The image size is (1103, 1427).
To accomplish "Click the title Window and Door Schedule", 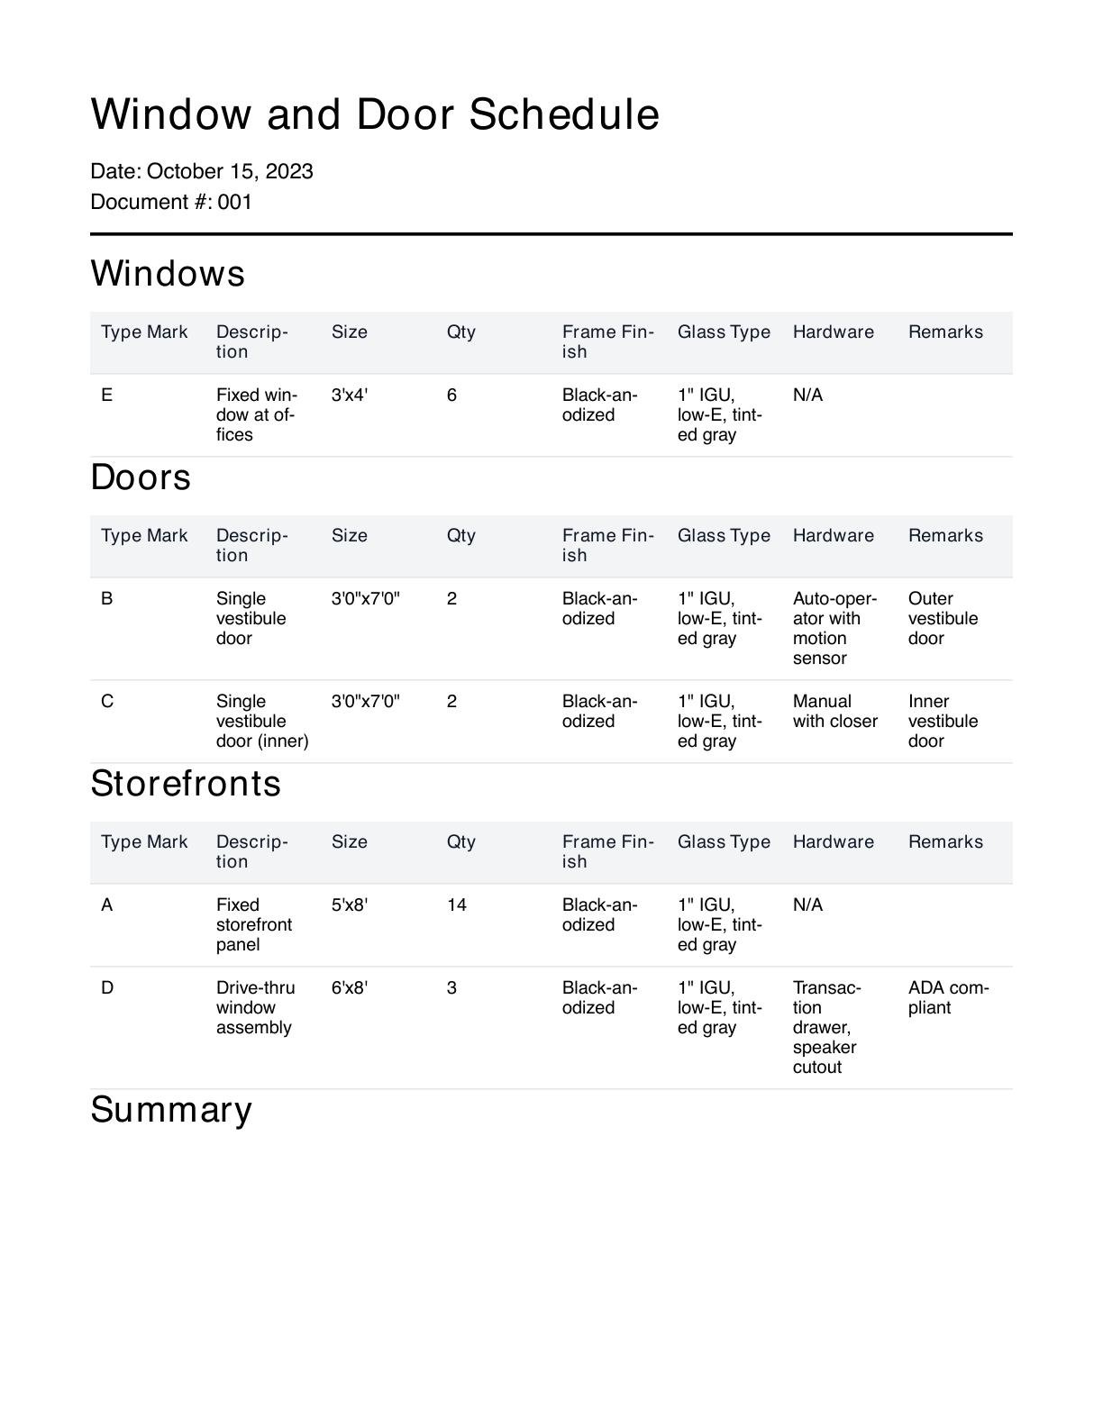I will point(375,115).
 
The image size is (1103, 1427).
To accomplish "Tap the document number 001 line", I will point(171,202).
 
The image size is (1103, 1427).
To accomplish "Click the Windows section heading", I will point(168,274).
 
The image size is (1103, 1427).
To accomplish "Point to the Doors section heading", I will point(141,477).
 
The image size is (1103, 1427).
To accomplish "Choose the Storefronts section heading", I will point(186,784).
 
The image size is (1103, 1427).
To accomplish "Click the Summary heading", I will point(171,1110).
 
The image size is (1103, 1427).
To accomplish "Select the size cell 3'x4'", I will point(350,395).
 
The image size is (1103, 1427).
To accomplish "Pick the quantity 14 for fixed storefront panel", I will point(457,905).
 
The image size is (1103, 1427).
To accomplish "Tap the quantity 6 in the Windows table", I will point(451,395).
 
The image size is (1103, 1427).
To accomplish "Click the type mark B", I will point(107,599).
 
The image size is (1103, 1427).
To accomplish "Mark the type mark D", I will point(107,988).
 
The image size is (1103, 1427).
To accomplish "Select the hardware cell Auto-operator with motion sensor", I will point(834,628).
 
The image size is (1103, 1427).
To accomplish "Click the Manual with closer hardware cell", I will point(834,712).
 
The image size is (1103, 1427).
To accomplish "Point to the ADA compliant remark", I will point(948,998).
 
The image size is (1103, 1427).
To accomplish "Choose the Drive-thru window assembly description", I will point(255,1008).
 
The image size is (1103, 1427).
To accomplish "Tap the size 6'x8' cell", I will point(350,988).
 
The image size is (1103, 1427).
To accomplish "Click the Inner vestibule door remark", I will point(943,721).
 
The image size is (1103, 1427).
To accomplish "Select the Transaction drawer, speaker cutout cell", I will point(826,1027).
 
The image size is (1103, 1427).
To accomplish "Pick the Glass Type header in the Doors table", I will point(724,536).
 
